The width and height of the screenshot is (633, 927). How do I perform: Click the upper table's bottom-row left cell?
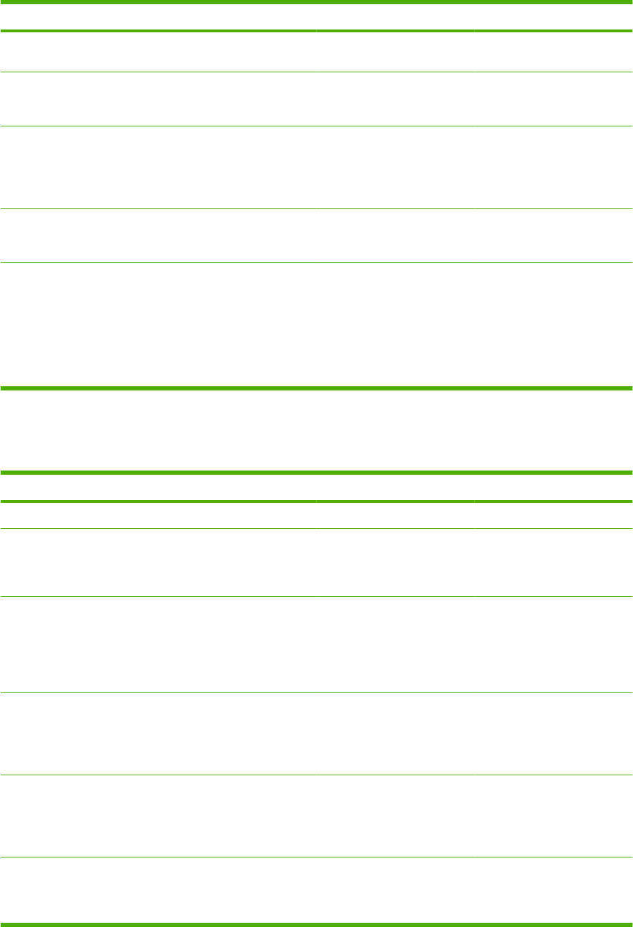(x=158, y=324)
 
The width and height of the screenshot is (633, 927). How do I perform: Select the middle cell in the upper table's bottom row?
(x=395, y=324)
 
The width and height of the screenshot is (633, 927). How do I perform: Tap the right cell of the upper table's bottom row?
(x=553, y=324)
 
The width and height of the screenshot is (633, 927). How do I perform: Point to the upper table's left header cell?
(x=158, y=18)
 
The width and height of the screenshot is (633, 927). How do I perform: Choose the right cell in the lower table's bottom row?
(x=553, y=889)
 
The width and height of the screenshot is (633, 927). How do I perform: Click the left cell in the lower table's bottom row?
(x=158, y=889)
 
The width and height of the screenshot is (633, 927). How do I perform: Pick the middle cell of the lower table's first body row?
(x=395, y=515)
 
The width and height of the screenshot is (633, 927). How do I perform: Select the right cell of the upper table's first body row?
(x=553, y=52)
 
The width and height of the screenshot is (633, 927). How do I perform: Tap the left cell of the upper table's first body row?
(x=158, y=52)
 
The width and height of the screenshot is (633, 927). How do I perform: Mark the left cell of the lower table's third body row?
(x=158, y=645)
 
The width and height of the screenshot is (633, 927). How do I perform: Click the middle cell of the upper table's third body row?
(x=395, y=166)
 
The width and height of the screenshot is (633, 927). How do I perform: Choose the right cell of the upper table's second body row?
(x=553, y=99)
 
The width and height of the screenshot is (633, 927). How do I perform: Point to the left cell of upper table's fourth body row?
(x=158, y=235)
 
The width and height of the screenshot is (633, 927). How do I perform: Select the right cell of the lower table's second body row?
(x=553, y=563)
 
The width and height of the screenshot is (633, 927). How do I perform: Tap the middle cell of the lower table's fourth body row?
(x=395, y=734)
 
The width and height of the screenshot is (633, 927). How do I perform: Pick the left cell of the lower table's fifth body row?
(x=158, y=815)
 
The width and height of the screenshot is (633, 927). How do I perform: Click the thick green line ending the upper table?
(x=316, y=388)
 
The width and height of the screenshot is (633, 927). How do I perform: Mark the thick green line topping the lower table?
(x=316, y=473)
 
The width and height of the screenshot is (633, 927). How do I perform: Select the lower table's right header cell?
(x=553, y=487)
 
